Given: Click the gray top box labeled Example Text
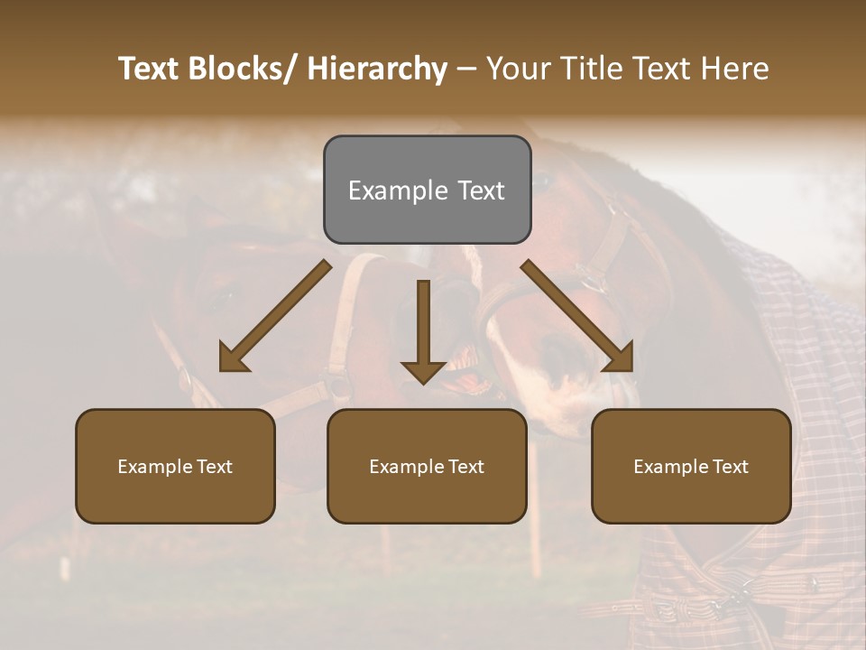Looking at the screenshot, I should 427,190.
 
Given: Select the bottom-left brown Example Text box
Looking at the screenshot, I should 175,466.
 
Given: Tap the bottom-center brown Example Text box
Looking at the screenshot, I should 427,466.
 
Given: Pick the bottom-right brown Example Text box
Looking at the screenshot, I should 691,466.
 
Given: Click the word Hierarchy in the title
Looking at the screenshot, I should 377,69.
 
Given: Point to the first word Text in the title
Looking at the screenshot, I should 151,69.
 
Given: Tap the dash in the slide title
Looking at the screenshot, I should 466,69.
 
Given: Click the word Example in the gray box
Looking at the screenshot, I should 397,190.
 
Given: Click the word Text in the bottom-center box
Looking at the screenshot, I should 465,466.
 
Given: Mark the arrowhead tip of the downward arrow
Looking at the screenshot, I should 423,383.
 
